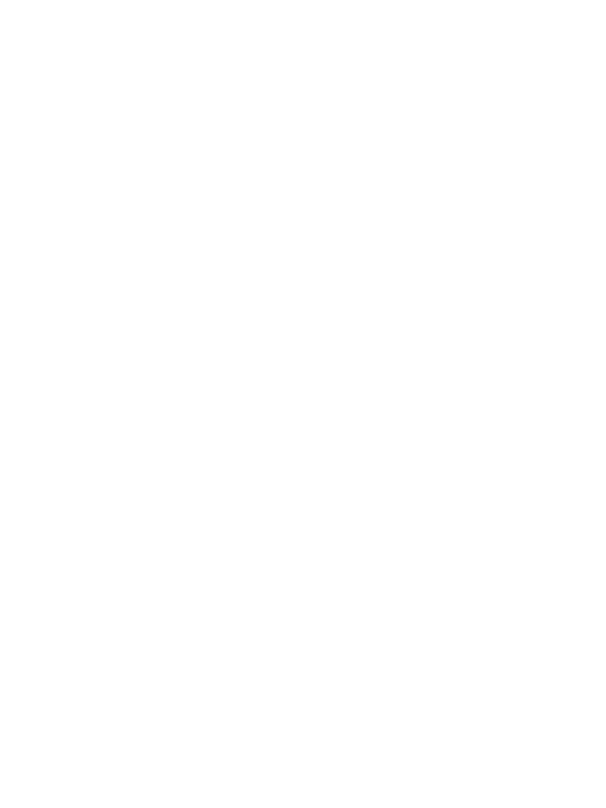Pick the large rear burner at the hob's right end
[x=478, y=299]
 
